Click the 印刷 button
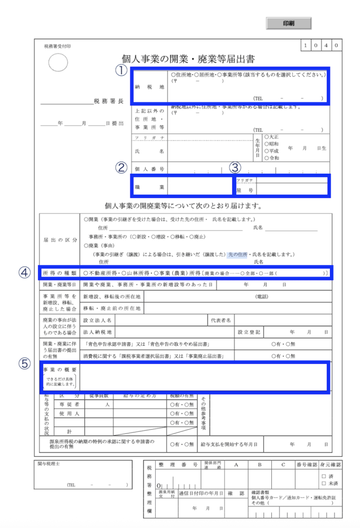[x=289, y=23]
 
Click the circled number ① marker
[x=121, y=71]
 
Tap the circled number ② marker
[x=121, y=168]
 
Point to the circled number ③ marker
[x=235, y=168]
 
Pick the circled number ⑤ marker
[x=25, y=363]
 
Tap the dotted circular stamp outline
[x=58, y=63]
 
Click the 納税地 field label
[x=149, y=87]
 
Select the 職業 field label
[x=149, y=186]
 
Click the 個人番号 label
[x=149, y=169]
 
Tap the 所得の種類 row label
[x=59, y=272]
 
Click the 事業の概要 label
[x=60, y=370]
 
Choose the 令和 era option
[x=271, y=158]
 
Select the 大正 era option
[x=271, y=137]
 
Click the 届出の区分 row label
[x=60, y=240]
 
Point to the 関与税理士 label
[x=50, y=464]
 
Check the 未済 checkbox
[x=323, y=484]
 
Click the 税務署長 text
[x=108, y=101]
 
